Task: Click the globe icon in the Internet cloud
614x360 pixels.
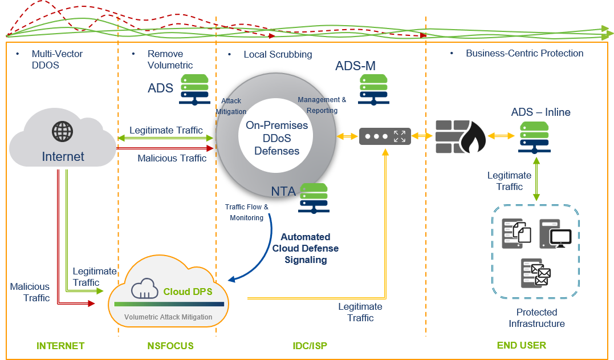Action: (x=63, y=131)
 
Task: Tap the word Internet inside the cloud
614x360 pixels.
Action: (x=63, y=156)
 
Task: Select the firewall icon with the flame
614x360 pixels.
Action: (x=460, y=137)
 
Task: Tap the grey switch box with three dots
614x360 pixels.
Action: (x=385, y=136)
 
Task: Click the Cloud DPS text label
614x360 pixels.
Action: (x=188, y=292)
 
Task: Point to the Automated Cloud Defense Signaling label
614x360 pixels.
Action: (x=306, y=248)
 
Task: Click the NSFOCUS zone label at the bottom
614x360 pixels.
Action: (x=170, y=345)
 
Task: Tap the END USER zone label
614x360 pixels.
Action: (x=521, y=345)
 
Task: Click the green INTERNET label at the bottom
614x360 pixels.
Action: (x=60, y=345)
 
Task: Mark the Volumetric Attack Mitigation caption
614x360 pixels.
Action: (x=168, y=317)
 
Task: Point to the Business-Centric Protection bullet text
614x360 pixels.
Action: (x=524, y=54)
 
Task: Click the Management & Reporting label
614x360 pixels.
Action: (x=322, y=105)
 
